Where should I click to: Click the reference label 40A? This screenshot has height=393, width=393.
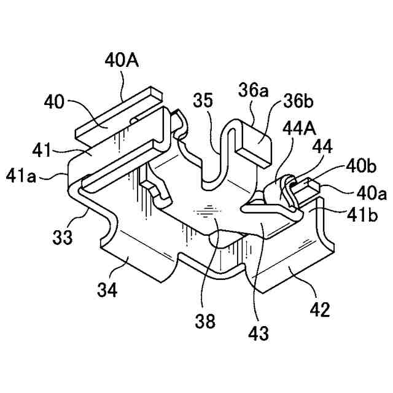click(x=120, y=61)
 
